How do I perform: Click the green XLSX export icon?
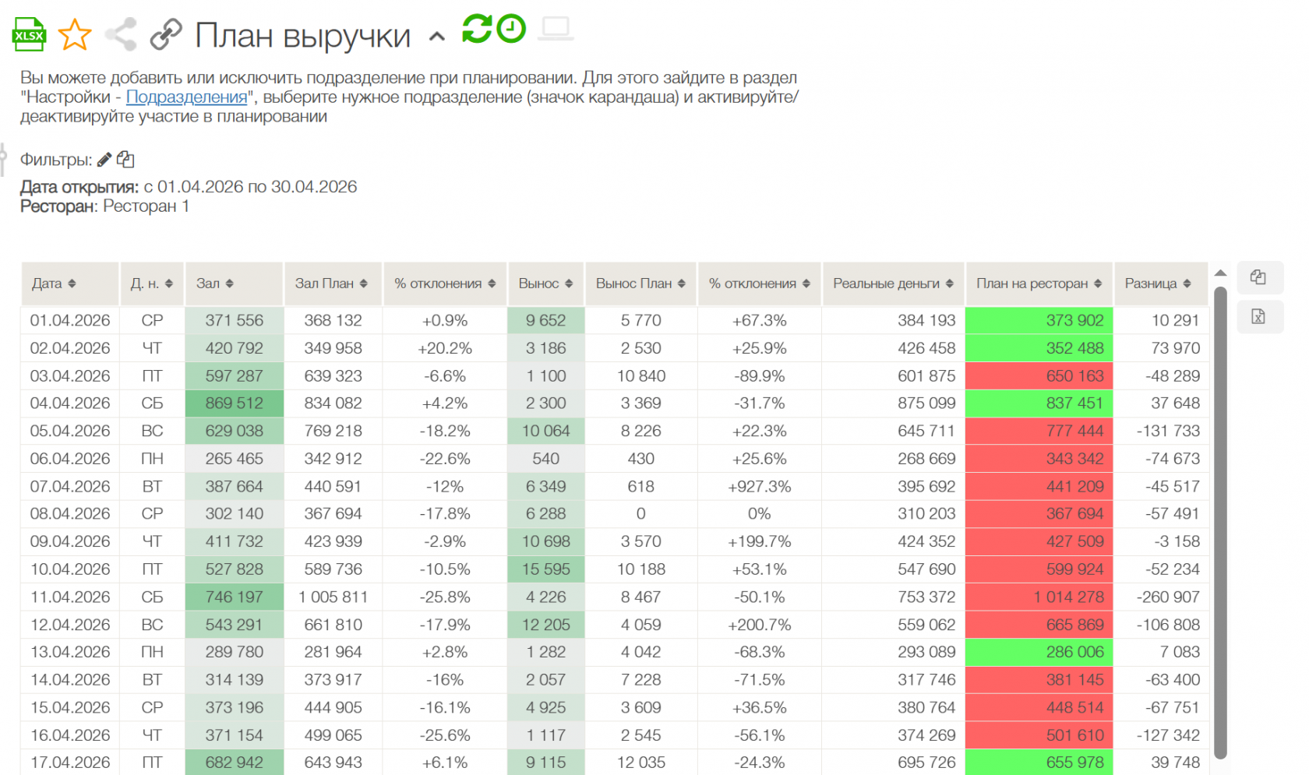click(x=29, y=34)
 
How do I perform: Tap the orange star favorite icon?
click(x=75, y=34)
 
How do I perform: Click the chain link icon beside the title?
click(x=166, y=33)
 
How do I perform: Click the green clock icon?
click(x=511, y=29)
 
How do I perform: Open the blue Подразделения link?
click(x=186, y=97)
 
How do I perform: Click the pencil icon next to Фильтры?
click(x=104, y=160)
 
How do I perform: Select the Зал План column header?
click(x=331, y=284)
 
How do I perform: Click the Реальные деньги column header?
click(x=893, y=284)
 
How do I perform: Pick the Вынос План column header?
click(x=640, y=284)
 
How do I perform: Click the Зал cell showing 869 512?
click(x=235, y=403)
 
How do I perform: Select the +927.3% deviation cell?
click(x=759, y=487)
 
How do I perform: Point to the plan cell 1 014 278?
click(x=1039, y=597)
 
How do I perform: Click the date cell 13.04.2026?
click(x=70, y=652)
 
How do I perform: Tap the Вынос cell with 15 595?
click(x=545, y=569)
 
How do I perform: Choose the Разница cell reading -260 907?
click(x=1167, y=597)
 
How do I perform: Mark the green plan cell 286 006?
click(x=1039, y=652)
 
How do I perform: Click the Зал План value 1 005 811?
click(x=333, y=597)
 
